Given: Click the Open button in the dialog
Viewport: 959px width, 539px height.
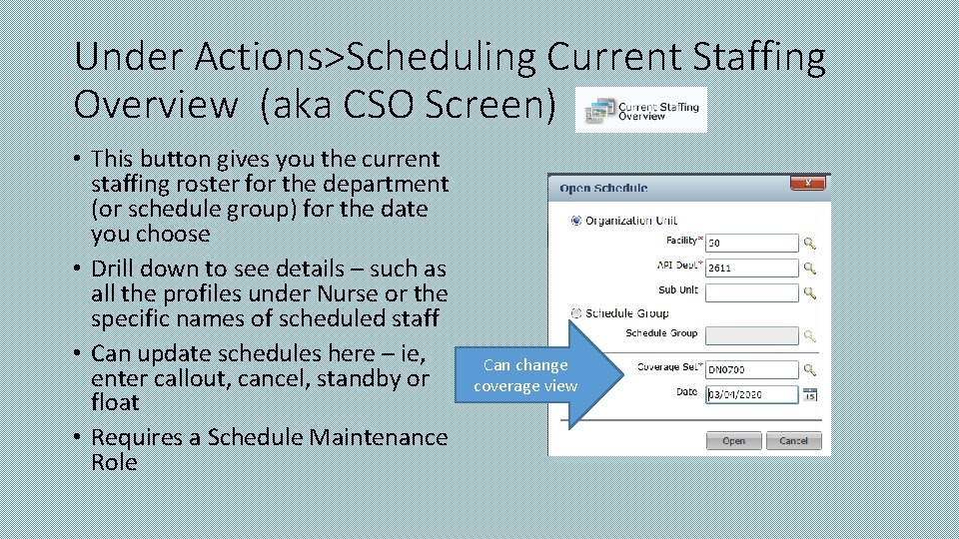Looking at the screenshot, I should [733, 440].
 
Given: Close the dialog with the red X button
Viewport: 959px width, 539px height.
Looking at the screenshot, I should [807, 184].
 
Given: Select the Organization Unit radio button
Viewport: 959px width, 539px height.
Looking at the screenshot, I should [575, 221].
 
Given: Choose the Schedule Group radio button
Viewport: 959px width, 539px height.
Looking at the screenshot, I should [575, 312].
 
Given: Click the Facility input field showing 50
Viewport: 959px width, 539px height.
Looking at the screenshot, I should [751, 243].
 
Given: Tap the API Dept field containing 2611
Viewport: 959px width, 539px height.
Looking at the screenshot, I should [751, 268].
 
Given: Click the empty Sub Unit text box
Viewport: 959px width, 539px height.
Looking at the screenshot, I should [751, 291].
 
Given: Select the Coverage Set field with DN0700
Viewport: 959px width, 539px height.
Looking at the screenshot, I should [751, 369].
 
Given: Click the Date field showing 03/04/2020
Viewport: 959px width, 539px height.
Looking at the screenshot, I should [751, 394].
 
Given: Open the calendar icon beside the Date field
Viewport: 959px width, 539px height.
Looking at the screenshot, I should [810, 394].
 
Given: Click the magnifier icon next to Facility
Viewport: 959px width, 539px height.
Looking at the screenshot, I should [810, 243].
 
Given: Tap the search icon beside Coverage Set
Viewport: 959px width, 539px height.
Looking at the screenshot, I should [810, 369].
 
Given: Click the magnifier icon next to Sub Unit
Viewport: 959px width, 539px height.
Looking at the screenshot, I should [810, 291].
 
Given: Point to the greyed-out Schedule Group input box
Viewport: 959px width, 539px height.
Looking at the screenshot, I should [751, 335].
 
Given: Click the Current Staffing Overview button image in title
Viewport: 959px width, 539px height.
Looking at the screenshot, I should [641, 110].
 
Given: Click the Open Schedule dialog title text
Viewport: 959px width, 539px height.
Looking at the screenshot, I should [603, 188].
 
